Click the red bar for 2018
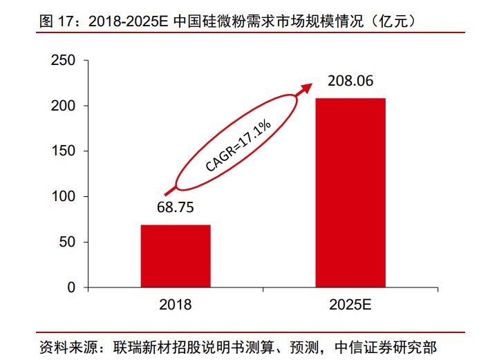pos(176,256)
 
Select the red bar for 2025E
pos(350,192)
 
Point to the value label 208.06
pos(350,81)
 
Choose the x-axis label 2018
pos(175,305)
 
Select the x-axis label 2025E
pos(350,305)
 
